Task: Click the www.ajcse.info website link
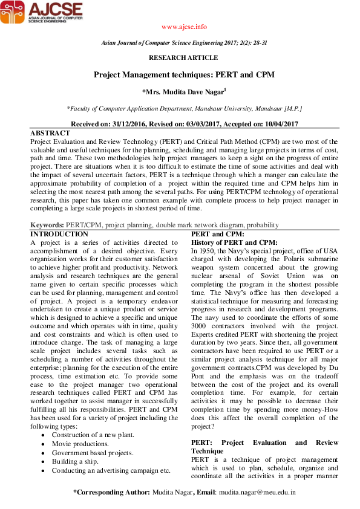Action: click(x=185, y=27)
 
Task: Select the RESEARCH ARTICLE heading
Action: click(x=184, y=57)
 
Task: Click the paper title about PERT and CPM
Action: click(x=184, y=75)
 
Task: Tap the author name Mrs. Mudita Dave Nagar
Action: click(x=184, y=92)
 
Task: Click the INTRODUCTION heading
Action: click(x=59, y=234)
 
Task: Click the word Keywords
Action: click(x=47, y=225)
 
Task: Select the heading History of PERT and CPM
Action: click(x=234, y=242)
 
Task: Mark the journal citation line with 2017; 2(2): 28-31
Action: click(x=184, y=44)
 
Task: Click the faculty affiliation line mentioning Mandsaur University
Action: click(x=184, y=108)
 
